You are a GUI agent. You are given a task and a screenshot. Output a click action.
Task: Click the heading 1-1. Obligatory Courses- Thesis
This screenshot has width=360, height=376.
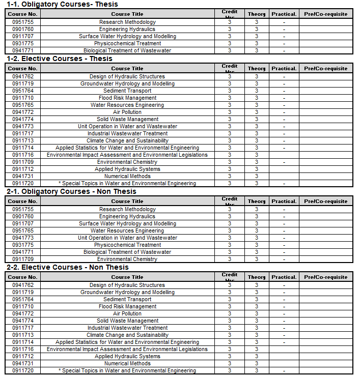[x=62, y=4]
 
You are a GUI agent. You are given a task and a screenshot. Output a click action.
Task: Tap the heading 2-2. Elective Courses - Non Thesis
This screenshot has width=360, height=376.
[x=67, y=267]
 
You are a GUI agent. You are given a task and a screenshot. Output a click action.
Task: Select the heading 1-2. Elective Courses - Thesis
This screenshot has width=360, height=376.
[x=59, y=59]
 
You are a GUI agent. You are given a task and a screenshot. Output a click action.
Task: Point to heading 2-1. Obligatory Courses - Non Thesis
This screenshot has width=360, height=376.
[x=71, y=191]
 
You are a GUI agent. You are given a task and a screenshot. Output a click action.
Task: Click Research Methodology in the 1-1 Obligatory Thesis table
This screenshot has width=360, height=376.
[x=127, y=22]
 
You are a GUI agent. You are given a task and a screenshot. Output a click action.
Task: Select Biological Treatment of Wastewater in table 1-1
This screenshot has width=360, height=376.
[x=127, y=50]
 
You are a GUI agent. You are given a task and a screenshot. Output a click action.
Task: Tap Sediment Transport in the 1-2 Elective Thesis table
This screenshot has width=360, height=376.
[x=127, y=91]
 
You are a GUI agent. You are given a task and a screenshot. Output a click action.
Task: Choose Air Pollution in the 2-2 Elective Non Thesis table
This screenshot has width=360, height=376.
[x=127, y=313]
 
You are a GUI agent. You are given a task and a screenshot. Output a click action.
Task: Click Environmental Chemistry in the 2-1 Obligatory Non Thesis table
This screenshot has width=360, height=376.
[x=127, y=259]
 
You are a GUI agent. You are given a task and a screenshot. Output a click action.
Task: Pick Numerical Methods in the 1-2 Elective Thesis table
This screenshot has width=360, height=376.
[x=127, y=176]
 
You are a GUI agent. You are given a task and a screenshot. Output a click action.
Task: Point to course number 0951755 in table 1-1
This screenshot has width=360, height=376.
[x=23, y=22]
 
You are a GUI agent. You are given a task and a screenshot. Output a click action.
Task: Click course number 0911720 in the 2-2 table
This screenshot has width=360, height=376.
[x=23, y=370]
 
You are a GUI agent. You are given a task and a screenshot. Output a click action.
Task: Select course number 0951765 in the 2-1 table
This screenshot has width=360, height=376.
[x=23, y=230]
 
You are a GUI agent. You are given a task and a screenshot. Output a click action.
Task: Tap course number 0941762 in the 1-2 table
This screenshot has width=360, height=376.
[x=23, y=76]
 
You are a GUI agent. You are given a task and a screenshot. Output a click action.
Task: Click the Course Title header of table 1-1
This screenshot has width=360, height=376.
[x=127, y=14]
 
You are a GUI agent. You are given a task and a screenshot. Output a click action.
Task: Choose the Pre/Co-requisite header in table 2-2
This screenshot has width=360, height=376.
[x=326, y=277]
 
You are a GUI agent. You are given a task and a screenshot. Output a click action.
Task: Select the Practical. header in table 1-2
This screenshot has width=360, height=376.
[x=284, y=69]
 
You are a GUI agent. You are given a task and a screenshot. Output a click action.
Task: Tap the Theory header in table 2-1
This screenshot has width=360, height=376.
[x=257, y=201]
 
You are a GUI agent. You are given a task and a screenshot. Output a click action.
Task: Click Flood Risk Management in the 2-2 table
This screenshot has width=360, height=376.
[x=127, y=306]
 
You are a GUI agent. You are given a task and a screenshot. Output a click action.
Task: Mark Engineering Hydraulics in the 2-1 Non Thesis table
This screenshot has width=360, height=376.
[x=127, y=216]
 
